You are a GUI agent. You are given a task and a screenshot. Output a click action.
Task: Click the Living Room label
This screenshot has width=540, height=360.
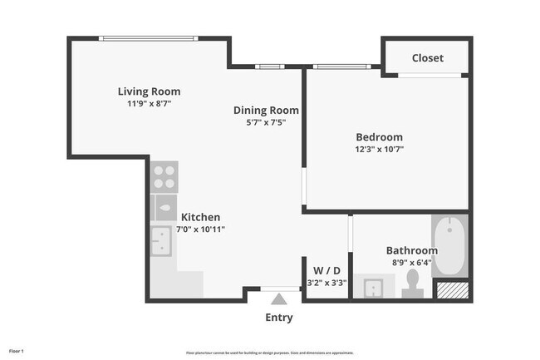tap(149, 91)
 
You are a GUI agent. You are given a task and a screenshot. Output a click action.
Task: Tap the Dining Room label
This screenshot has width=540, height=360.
tap(266, 110)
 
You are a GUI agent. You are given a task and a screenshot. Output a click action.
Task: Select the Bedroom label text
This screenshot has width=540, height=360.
tap(379, 137)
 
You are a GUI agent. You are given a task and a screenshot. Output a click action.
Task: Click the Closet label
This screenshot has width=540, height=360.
tap(428, 58)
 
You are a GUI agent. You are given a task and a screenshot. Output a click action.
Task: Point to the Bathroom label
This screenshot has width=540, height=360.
tap(411, 250)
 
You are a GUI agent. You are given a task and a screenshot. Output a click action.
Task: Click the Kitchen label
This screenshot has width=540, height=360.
tap(200, 217)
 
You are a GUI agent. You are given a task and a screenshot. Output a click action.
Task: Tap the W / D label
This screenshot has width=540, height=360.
tap(326, 270)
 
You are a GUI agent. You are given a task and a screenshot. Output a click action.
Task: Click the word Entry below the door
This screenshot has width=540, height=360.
tap(279, 318)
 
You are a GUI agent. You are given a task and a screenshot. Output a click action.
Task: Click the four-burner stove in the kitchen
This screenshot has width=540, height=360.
tap(164, 176)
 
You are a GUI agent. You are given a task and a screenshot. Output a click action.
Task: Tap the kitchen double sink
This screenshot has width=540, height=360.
tap(161, 241)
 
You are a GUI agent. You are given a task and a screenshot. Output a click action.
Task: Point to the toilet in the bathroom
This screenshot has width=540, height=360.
tap(411, 287)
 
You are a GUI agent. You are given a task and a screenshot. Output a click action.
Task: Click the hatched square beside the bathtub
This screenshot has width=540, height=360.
tap(453, 289)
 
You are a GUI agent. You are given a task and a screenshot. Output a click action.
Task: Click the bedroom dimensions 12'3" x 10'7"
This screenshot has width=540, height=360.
tap(379, 150)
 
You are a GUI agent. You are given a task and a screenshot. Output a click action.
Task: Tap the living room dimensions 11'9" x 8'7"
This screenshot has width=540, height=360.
tap(149, 104)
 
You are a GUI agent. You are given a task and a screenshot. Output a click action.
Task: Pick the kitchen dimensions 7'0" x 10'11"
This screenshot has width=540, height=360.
tap(200, 229)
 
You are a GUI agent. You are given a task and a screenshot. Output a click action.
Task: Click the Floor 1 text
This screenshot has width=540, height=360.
tap(17, 351)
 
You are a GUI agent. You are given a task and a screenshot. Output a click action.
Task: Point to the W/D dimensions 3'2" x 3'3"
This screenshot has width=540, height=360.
tap(326, 283)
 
